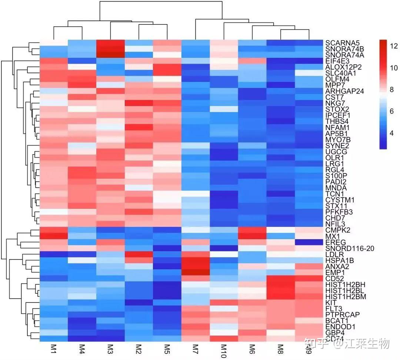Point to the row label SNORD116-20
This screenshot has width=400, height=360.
350,248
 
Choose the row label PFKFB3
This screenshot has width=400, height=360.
339,212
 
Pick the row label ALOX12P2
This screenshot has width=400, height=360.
343,67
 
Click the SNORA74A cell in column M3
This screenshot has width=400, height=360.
110,55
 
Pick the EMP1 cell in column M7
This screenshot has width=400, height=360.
195,273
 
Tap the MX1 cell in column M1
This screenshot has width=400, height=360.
53,236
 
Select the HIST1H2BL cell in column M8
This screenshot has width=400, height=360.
280,291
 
